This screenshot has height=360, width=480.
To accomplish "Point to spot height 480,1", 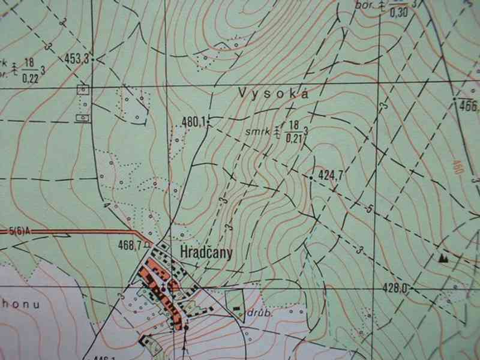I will coord(192,122).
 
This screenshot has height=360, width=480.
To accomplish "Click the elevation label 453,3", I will coord(76,58).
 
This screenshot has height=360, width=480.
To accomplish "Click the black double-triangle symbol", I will coord(444,258).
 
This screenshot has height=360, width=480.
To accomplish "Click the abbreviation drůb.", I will coord(257,313).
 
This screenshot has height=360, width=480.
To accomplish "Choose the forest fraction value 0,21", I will coord(293,138).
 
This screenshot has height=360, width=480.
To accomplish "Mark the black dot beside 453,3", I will coord(98,59).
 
